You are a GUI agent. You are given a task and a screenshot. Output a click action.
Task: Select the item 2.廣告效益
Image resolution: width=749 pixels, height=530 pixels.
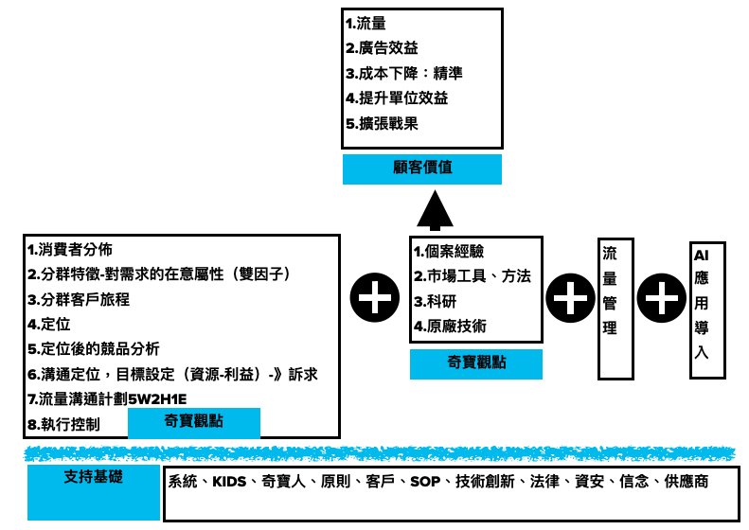coord(382,48)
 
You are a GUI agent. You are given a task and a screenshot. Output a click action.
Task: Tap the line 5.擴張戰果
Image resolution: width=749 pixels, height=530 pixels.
coord(382,123)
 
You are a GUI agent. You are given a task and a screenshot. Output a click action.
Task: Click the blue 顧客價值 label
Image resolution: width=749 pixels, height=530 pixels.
coord(421,168)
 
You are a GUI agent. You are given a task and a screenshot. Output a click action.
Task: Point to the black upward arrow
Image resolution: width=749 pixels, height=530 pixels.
coord(435,210)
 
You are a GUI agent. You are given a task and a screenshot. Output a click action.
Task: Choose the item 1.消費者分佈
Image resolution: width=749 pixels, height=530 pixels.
coord(70,250)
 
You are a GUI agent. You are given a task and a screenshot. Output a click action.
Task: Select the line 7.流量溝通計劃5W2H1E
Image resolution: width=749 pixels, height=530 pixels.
coord(107,399)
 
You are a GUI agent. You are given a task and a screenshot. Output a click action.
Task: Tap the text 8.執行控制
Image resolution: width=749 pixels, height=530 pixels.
coord(63,424)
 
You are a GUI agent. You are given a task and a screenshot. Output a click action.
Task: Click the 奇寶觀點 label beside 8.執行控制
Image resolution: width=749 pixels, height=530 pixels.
coord(193,422)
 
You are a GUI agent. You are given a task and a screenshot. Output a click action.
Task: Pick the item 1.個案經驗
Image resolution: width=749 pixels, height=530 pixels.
coord(449,252)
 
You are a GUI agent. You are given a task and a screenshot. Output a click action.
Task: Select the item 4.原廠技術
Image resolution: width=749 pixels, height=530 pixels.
coord(450,327)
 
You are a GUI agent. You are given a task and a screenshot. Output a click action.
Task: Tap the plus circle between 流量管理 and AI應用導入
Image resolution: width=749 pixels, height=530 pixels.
coord(661,298)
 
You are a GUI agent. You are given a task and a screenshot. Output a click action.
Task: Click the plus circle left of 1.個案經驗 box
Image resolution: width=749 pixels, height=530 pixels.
coord(374,298)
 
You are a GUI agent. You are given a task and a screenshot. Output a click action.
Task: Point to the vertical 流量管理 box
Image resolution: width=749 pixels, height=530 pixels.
coord(615,308)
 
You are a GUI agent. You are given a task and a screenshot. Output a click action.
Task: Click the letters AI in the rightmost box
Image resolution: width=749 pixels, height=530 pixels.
coord(702,255)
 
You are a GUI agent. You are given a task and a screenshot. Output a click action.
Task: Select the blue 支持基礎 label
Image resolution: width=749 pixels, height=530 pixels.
coord(94,476)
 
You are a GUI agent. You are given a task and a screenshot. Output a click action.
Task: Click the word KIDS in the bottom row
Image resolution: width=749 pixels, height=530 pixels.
coord(229,482)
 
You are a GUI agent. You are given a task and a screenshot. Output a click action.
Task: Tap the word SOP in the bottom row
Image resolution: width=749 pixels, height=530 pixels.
coord(425,482)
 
